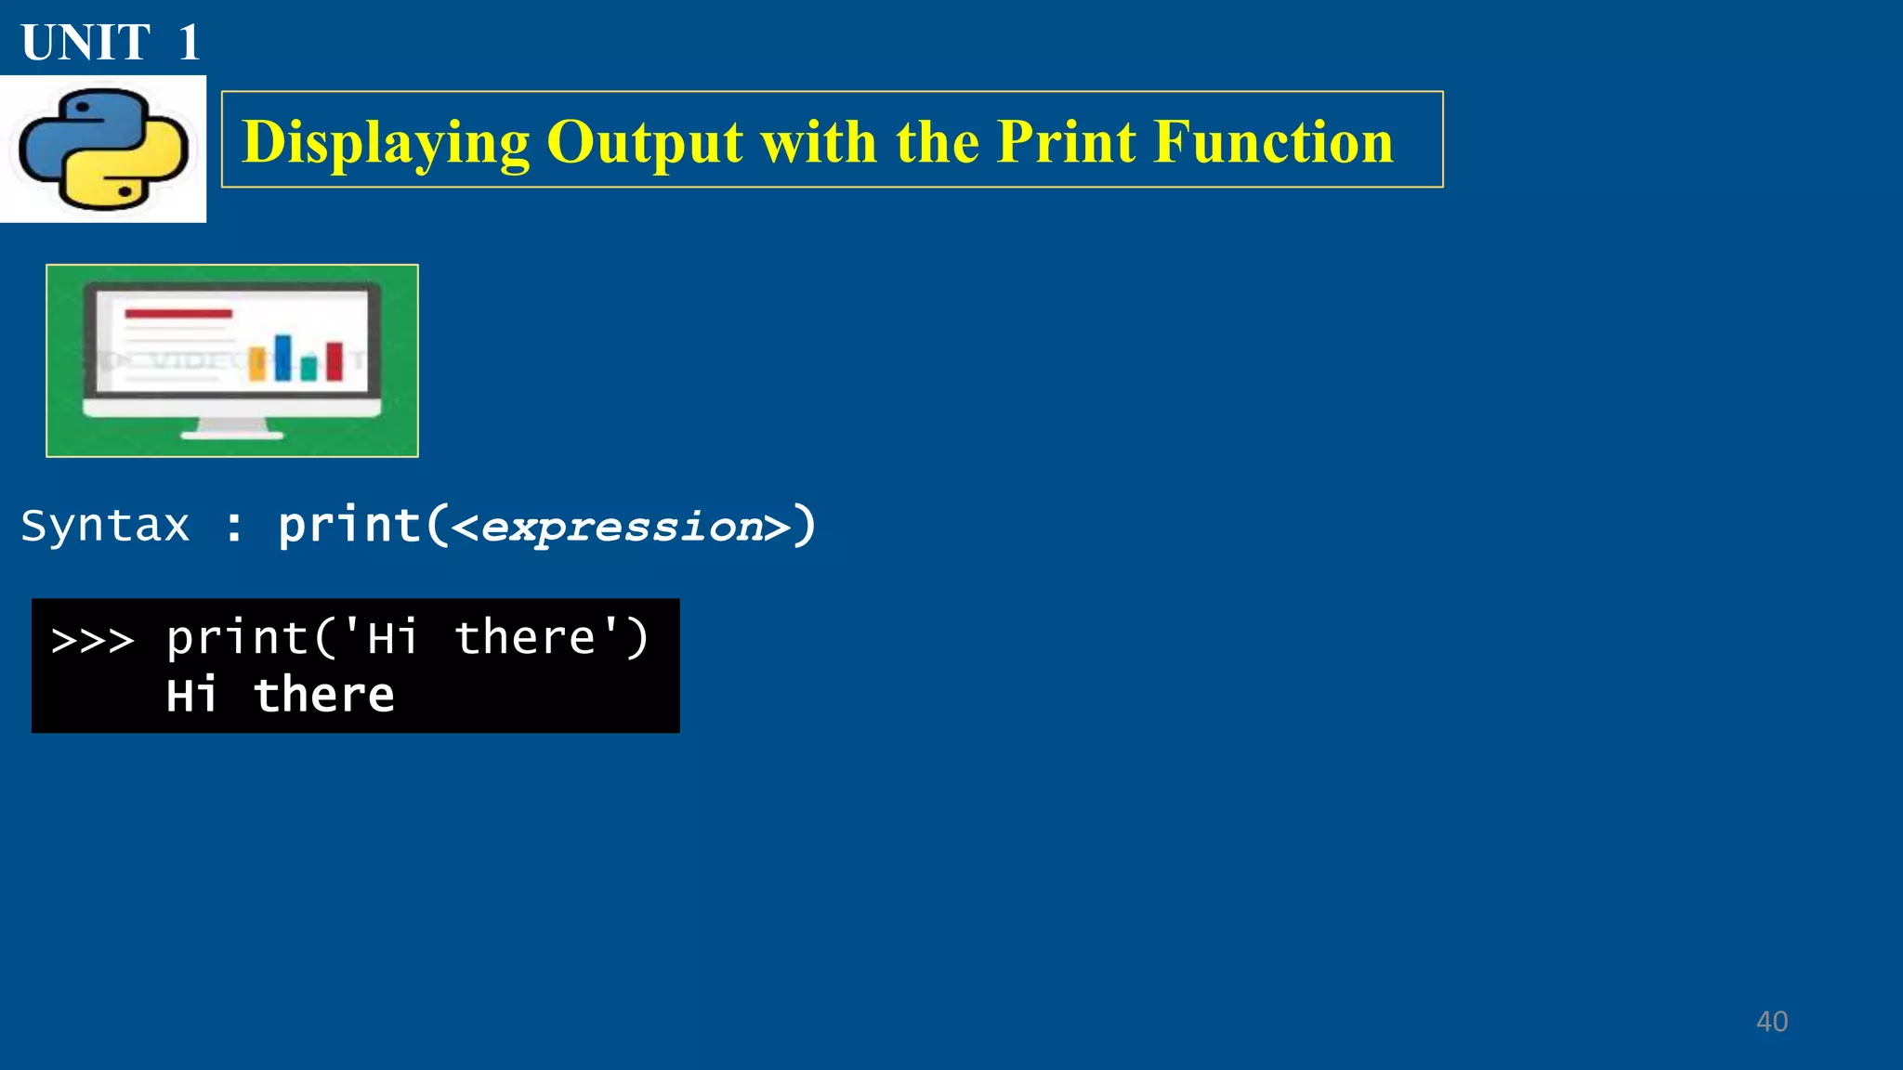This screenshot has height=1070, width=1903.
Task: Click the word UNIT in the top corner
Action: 85,43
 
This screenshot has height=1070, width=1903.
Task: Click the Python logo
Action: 103,149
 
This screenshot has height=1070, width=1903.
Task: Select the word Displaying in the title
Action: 386,143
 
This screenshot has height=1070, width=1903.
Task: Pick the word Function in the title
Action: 1273,142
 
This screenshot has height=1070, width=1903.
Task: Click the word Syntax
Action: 105,527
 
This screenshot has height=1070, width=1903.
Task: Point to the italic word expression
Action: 622,528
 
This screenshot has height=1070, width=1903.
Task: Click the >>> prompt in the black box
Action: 93,640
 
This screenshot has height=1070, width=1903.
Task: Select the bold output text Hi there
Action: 280,696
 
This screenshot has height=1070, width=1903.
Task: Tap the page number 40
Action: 1771,1022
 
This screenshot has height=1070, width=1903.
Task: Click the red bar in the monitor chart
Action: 335,361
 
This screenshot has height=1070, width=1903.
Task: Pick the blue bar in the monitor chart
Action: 282,358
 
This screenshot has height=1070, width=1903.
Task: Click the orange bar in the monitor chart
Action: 257,365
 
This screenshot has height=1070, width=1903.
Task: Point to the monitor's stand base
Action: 232,433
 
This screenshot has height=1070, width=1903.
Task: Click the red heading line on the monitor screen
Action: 178,314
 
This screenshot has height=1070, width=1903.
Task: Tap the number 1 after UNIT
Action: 189,43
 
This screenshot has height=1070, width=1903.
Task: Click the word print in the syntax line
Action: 349,527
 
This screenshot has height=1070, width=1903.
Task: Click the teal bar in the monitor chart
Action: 308,369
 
